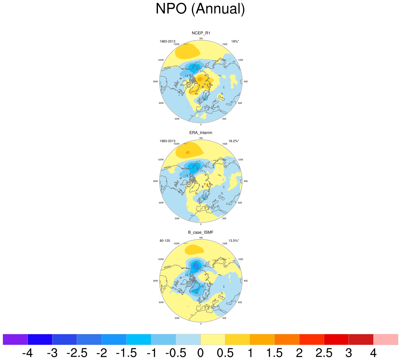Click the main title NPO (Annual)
(200, 9)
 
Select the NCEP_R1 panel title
(201, 33)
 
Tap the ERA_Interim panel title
(201, 133)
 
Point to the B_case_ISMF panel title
(201, 232)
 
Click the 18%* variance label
(235, 41)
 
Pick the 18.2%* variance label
(234, 141)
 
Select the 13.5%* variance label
(234, 241)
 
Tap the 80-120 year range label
(165, 241)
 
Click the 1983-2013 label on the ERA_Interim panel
(167, 141)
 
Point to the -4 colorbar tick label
(27, 353)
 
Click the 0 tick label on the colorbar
(200, 353)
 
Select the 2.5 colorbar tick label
(324, 353)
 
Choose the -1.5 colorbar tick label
(126, 353)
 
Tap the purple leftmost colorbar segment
(15, 339)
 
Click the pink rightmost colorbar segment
(386, 339)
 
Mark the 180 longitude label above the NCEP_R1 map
(201, 38)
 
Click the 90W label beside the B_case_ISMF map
(155, 281)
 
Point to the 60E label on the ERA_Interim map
(240, 203)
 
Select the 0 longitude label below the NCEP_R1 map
(201, 125)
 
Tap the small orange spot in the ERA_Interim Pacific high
(188, 152)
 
